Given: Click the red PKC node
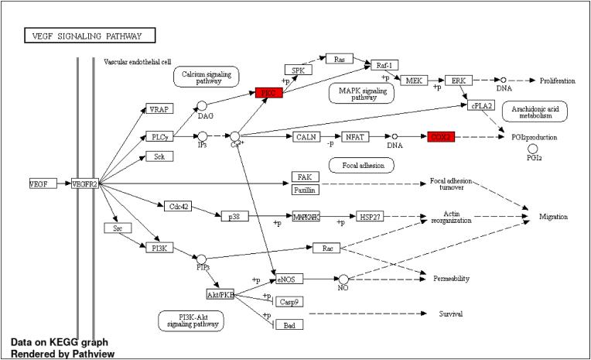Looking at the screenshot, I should [269, 93].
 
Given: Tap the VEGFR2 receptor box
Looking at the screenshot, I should [85, 183].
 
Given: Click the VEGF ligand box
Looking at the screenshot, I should [40, 183].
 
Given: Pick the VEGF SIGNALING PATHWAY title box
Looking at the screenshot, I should [90, 36].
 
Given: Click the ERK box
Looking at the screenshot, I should [458, 81].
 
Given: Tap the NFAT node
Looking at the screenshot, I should [355, 137].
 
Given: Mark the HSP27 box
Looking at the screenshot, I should [369, 216].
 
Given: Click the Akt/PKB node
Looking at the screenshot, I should [220, 295].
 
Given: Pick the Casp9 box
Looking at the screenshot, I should [289, 302].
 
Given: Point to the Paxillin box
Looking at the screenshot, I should [304, 190].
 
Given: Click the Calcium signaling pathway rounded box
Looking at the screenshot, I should [206, 76].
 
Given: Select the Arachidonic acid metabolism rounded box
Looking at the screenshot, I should [535, 111].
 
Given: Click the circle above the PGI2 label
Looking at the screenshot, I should [533, 147].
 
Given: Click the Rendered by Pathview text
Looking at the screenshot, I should [63, 354].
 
